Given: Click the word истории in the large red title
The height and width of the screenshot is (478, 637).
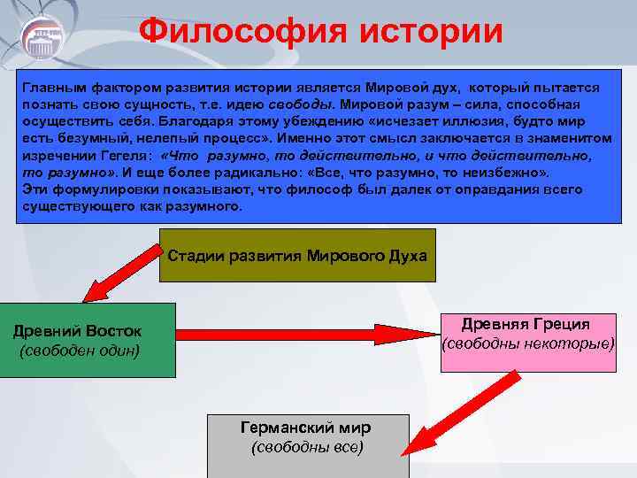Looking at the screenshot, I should point(429,32).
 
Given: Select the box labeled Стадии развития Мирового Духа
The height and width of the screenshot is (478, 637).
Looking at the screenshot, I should point(297,256).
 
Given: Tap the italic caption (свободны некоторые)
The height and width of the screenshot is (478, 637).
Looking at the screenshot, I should point(527,342).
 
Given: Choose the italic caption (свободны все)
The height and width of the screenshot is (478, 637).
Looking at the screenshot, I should point(307,448).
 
